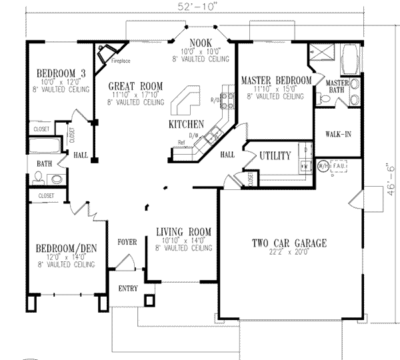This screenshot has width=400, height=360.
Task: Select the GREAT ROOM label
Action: click(135, 85)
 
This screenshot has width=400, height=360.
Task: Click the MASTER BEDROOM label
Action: click(276, 80)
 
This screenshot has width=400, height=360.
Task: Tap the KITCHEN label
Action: click(186, 125)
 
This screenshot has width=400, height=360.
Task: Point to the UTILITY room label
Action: click(275, 156)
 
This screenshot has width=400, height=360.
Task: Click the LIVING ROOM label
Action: click(183, 232)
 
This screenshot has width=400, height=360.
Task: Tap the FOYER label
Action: click(127, 241)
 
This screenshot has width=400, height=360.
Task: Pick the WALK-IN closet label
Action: click(339, 134)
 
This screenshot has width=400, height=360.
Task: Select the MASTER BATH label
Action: click(338, 86)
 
